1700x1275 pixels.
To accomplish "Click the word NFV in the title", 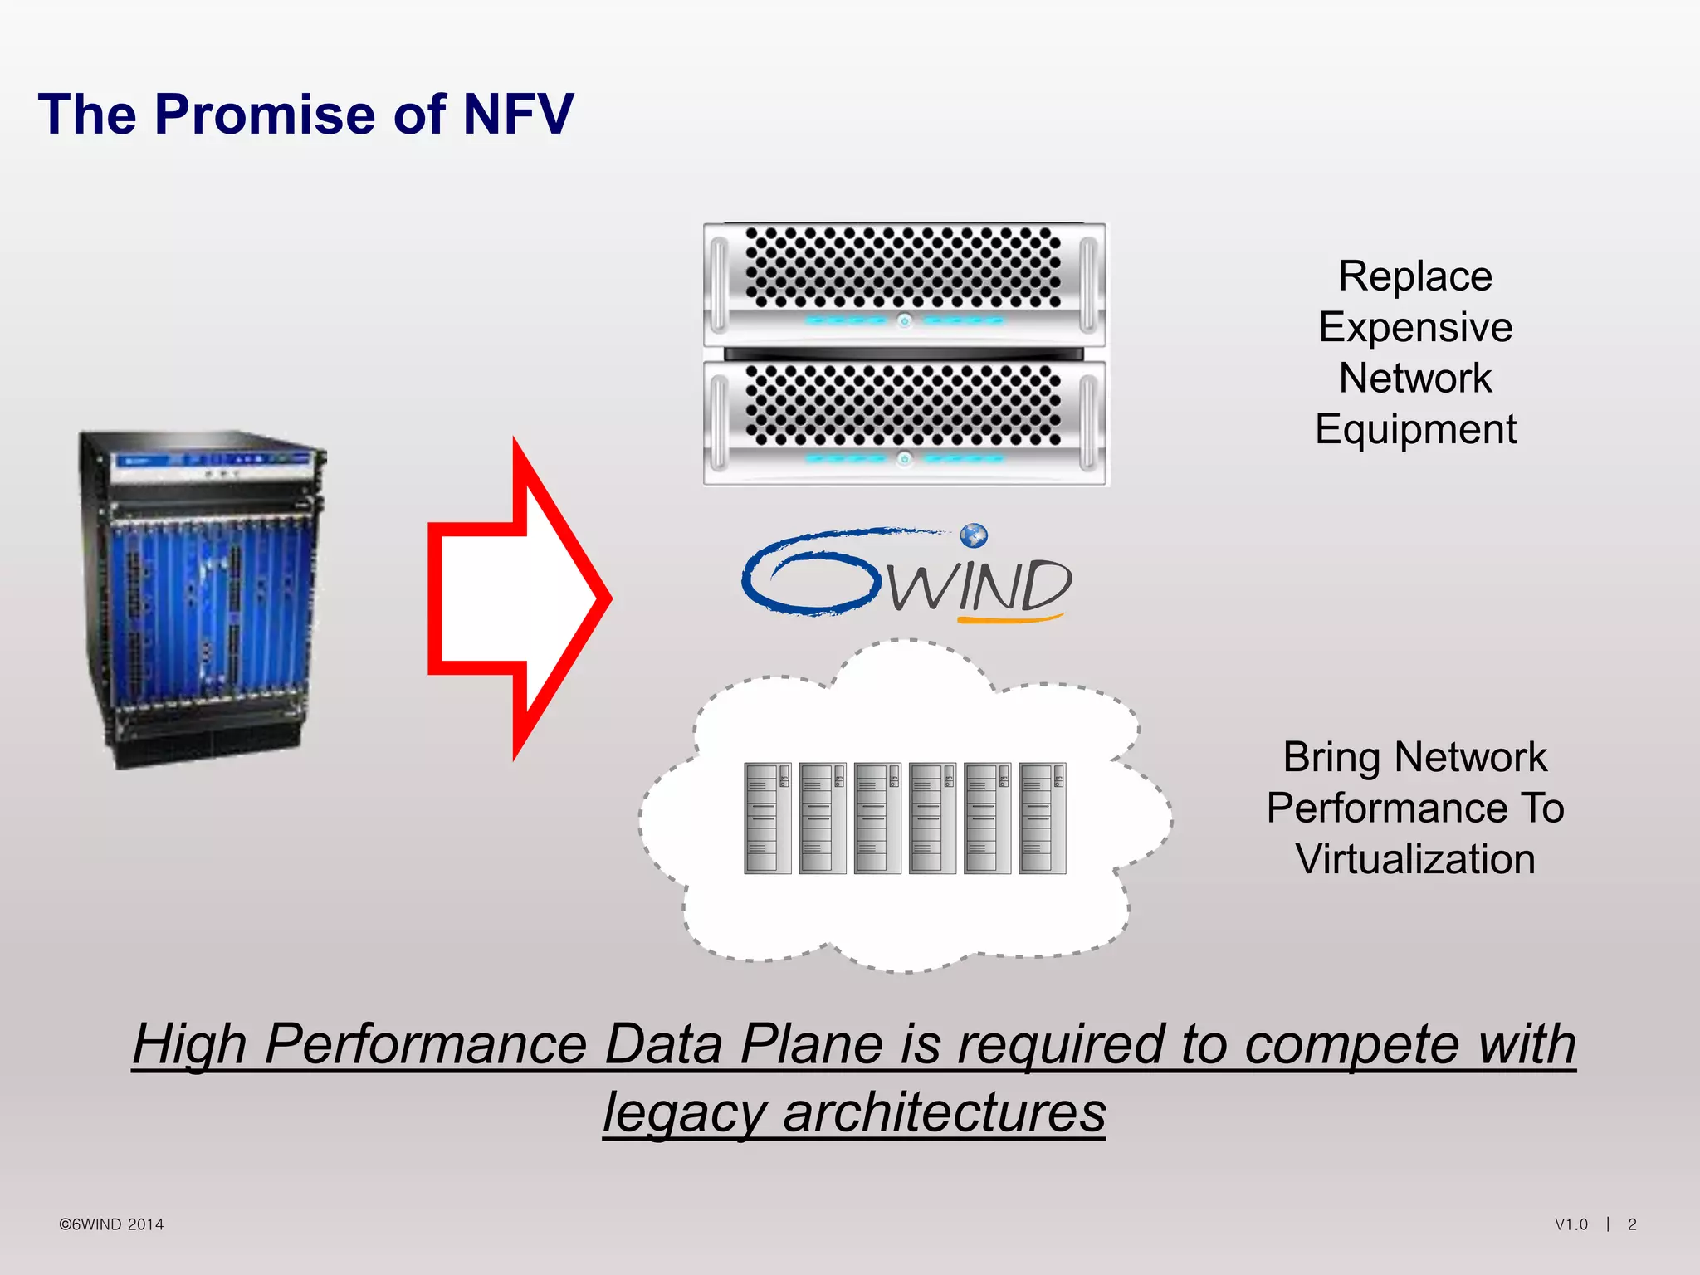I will point(518,115).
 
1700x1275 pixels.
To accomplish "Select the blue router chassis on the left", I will point(203,598).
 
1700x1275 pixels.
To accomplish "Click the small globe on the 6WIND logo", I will point(974,535).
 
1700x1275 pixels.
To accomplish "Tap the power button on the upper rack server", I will point(905,320).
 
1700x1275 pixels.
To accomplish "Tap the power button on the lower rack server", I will point(905,458).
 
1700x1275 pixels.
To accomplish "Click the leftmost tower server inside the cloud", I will point(767,818).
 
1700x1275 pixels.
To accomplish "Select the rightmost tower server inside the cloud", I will point(1042,818).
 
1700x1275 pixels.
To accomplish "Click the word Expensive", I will point(1415,327).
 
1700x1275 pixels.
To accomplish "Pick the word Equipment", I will point(1415,430).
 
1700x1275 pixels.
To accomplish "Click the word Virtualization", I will point(1415,859).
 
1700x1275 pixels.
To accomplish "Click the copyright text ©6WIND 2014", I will point(111,1224).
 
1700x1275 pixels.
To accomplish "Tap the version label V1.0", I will point(1571,1224).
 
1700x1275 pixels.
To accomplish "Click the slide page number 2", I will point(1632,1224).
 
